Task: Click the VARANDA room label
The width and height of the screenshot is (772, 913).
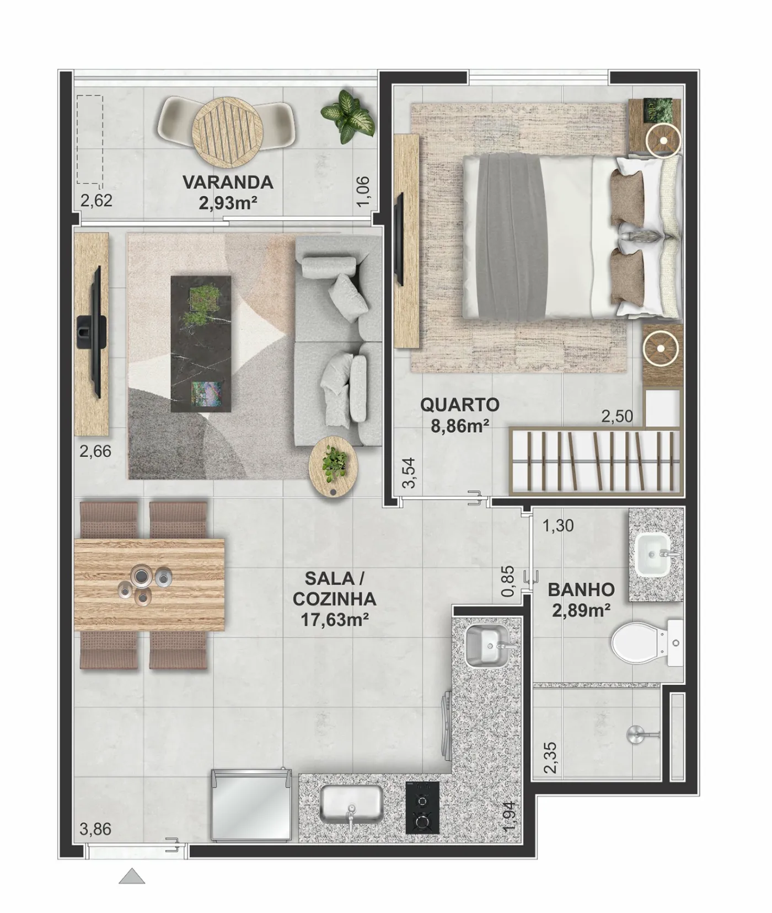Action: (228, 181)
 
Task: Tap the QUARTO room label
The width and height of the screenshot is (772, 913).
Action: (460, 404)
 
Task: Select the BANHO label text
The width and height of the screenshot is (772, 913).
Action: (581, 589)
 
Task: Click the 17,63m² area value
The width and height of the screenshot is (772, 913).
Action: (335, 619)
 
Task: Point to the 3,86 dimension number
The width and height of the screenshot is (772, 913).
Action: (95, 829)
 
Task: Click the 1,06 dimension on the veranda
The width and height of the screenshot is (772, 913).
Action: (364, 191)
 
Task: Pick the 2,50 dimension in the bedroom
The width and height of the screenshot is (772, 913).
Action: (617, 416)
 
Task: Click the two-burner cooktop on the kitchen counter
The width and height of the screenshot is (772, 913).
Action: (422, 807)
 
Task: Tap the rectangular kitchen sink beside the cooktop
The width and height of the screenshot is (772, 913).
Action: (352, 805)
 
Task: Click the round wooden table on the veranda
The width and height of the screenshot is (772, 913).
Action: (227, 131)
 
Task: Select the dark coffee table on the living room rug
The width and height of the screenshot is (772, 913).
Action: (200, 343)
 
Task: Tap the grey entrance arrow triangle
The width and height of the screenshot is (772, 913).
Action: (132, 876)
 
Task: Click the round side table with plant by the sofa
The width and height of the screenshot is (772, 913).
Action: (333, 466)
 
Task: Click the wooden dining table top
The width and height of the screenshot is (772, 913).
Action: (149, 584)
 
